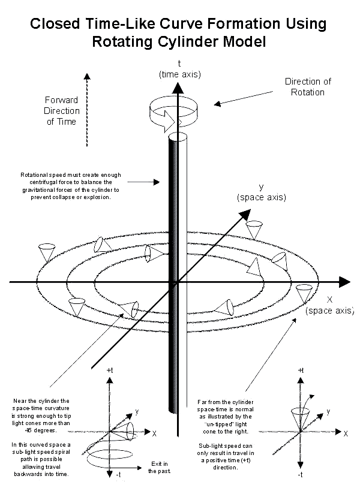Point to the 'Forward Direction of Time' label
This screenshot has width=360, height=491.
point(62,111)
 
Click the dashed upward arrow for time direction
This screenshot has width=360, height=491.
point(88,110)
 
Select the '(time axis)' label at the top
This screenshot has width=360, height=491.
point(179,74)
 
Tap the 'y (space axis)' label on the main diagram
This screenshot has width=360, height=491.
point(261,192)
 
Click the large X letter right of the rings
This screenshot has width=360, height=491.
point(329,299)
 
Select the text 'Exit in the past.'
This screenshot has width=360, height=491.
point(161,467)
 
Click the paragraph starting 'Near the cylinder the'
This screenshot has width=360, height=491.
point(41,415)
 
